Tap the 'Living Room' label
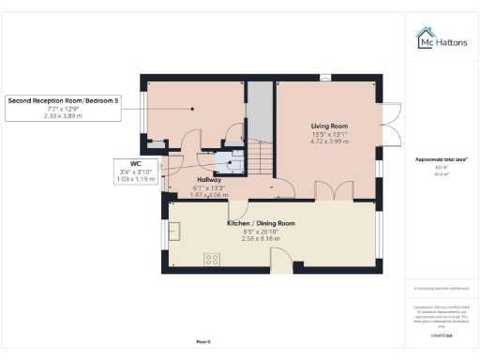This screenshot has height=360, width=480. (329, 124)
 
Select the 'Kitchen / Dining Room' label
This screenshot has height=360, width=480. (261, 223)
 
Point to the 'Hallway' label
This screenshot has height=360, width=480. (208, 178)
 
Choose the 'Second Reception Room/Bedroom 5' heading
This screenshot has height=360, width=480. (64, 99)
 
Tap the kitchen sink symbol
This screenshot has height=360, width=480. (174, 231)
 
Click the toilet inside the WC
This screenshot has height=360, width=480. (225, 165)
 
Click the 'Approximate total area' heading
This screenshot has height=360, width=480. (440, 159)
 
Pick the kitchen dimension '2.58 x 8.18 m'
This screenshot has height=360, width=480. (261, 239)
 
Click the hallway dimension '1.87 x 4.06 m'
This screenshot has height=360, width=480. (208, 194)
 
